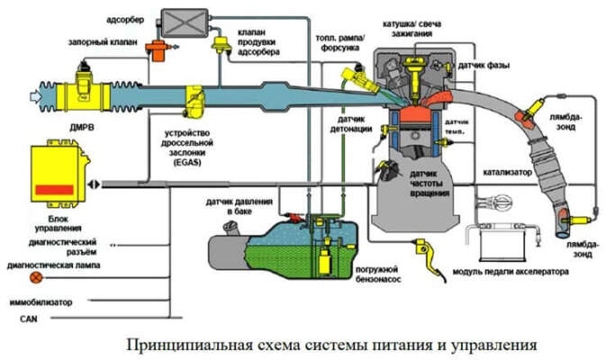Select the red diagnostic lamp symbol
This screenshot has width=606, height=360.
pos(11,266)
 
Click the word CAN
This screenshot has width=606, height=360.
pos(15,319)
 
